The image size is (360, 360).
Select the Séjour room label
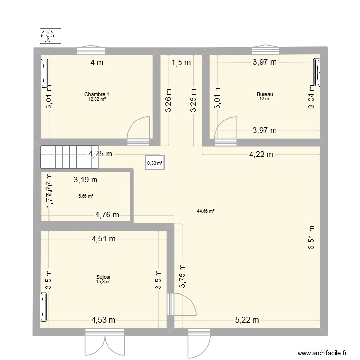(x=104, y=277)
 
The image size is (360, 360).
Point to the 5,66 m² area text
(x=85, y=196)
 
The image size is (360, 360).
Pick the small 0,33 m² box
(x=155, y=163)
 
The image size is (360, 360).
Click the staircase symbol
(x=69, y=157)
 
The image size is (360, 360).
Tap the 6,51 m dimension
(x=312, y=237)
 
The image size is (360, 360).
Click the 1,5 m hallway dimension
(x=181, y=62)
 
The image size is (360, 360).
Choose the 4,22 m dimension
(x=261, y=154)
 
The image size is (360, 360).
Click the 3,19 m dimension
(x=85, y=180)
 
